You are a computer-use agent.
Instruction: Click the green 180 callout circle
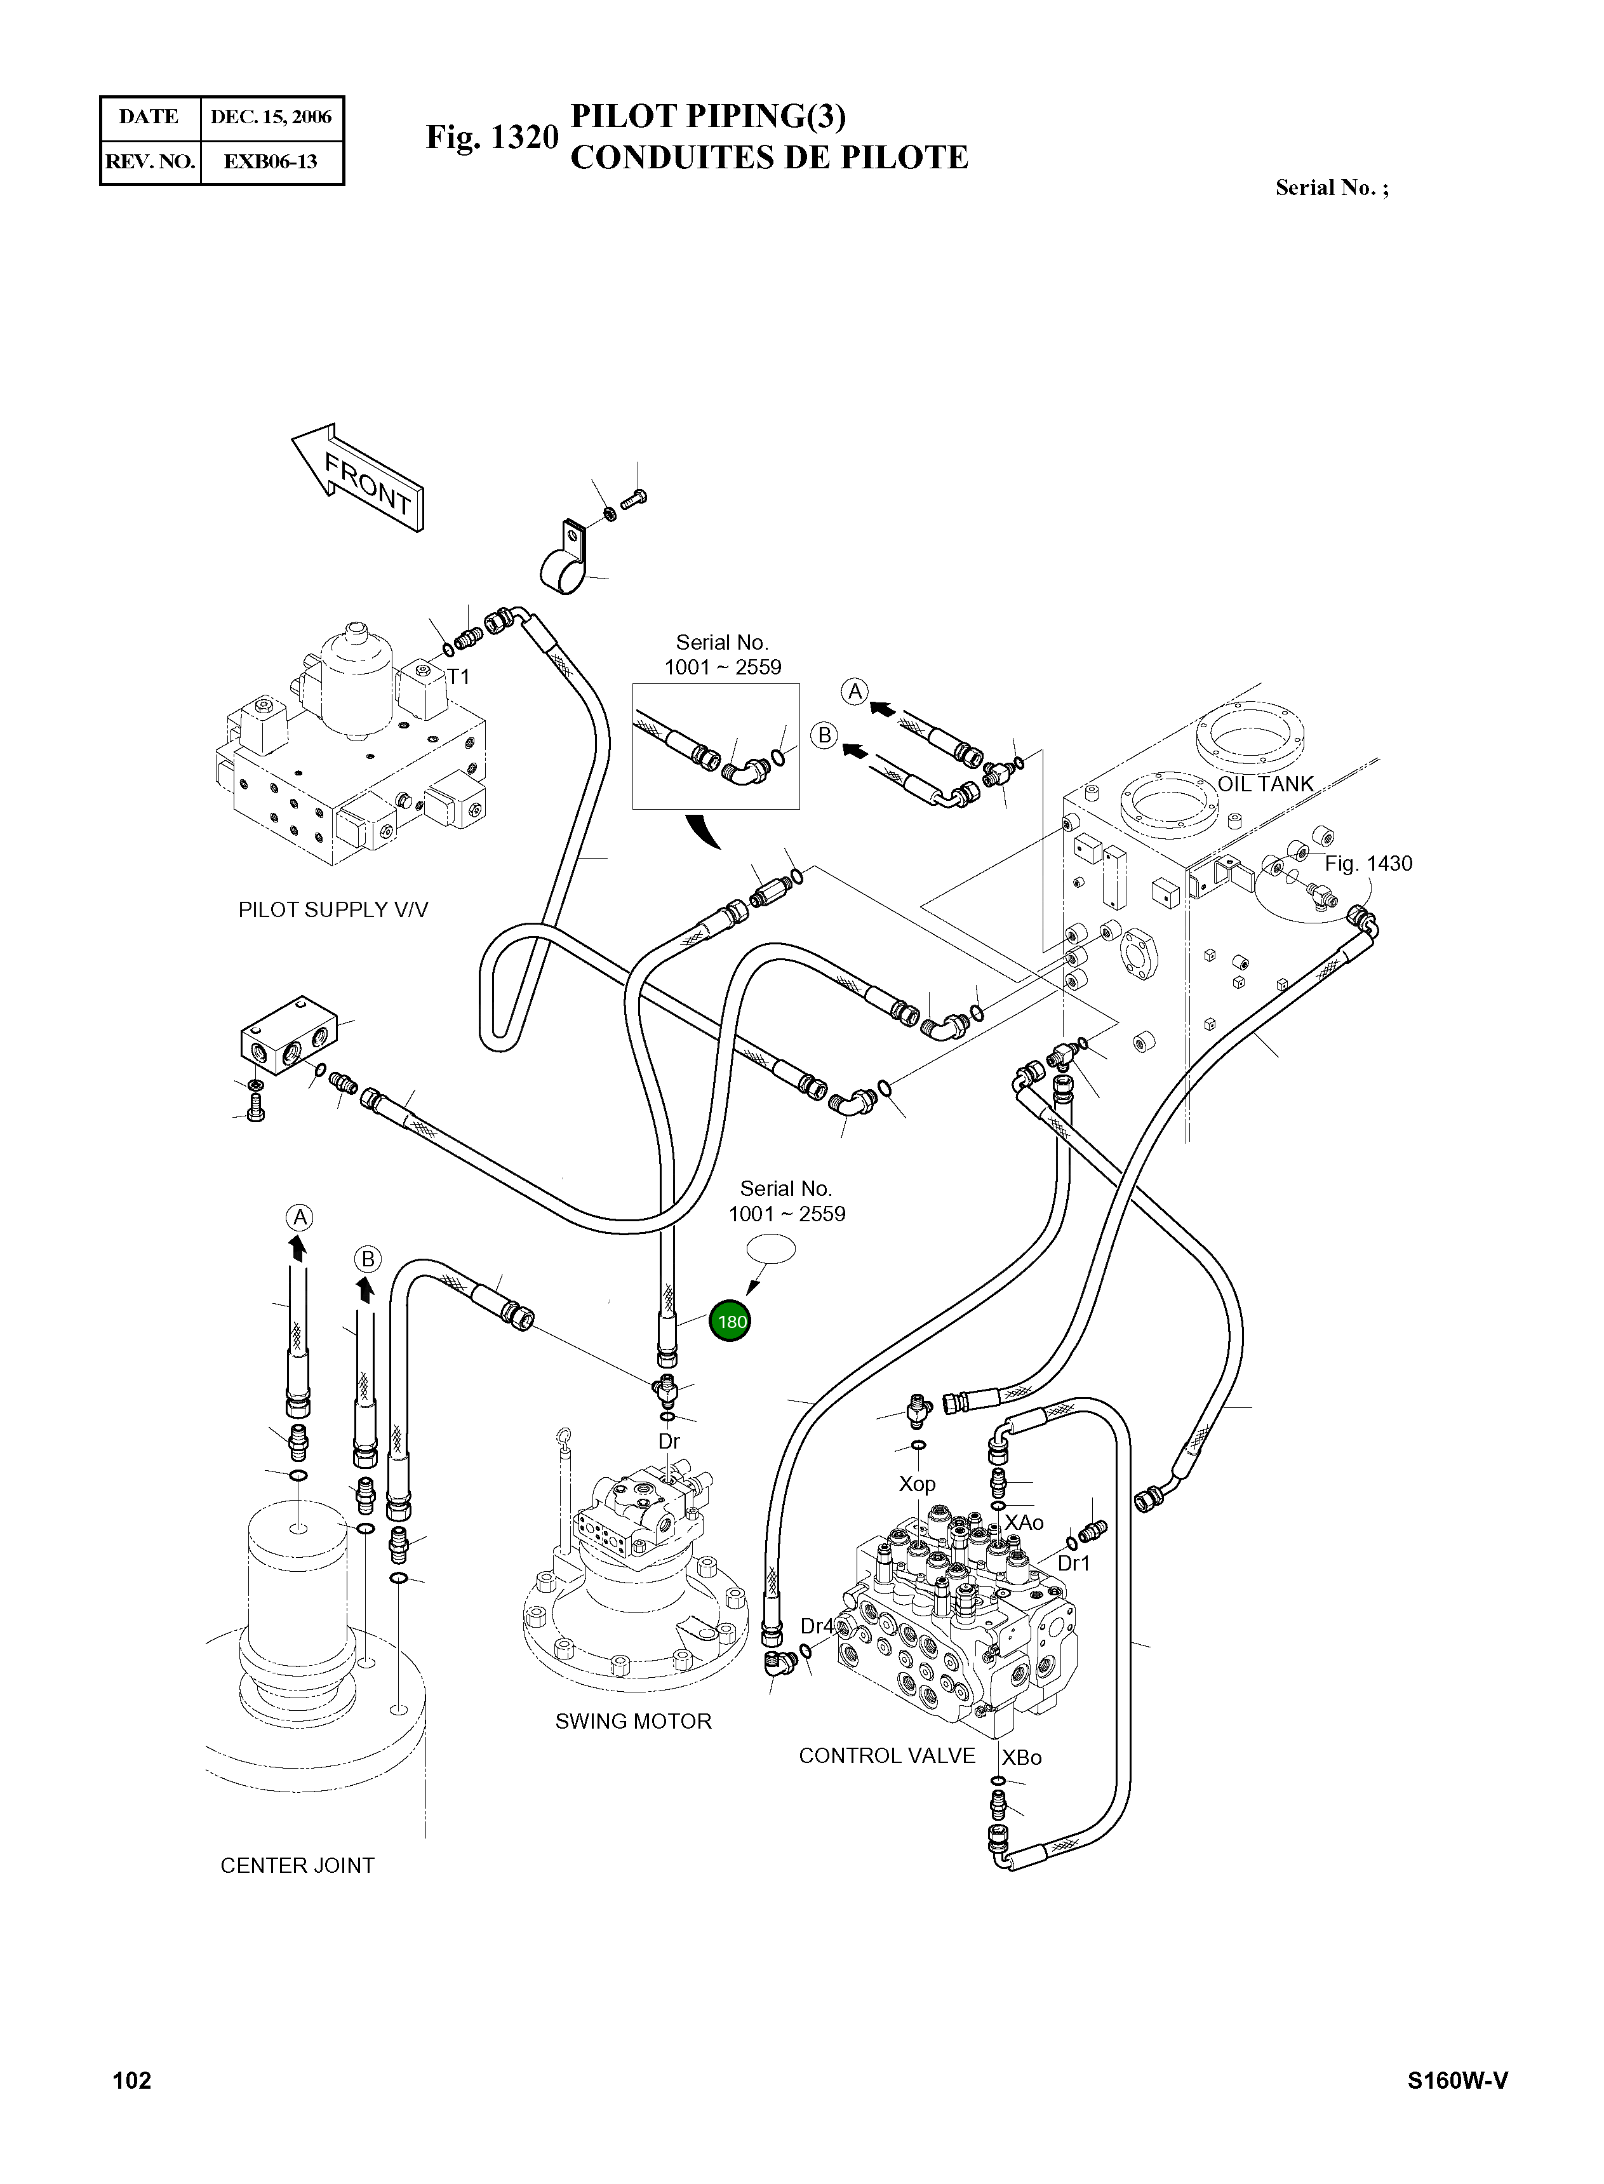[730, 1321]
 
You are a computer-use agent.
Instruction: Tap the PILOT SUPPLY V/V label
[333, 910]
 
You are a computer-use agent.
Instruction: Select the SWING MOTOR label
[633, 1721]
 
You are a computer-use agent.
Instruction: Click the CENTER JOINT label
[297, 1865]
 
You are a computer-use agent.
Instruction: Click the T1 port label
[458, 677]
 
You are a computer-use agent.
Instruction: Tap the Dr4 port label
[817, 1626]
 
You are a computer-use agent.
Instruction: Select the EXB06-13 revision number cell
[271, 161]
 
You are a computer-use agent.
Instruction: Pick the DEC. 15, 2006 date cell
[271, 116]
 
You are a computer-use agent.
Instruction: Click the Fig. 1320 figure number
[492, 137]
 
